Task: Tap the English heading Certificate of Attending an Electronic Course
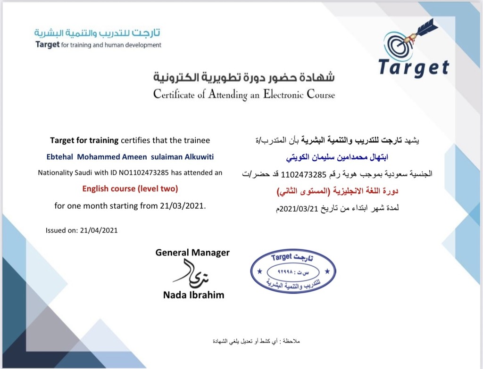click(x=244, y=94)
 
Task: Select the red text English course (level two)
click(x=130, y=189)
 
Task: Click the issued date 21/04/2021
click(x=99, y=230)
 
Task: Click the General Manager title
click(x=192, y=253)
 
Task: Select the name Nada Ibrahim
click(x=193, y=295)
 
